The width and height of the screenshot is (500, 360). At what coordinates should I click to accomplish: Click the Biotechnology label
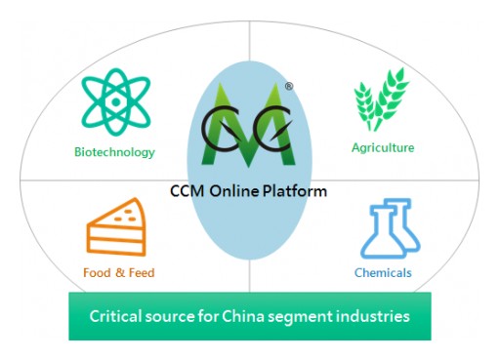click(x=114, y=152)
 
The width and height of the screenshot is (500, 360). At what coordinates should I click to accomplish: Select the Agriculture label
click(x=383, y=148)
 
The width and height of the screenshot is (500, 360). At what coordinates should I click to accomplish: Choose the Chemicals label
click(x=384, y=272)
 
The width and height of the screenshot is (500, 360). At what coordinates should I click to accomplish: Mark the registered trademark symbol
click(x=289, y=87)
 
